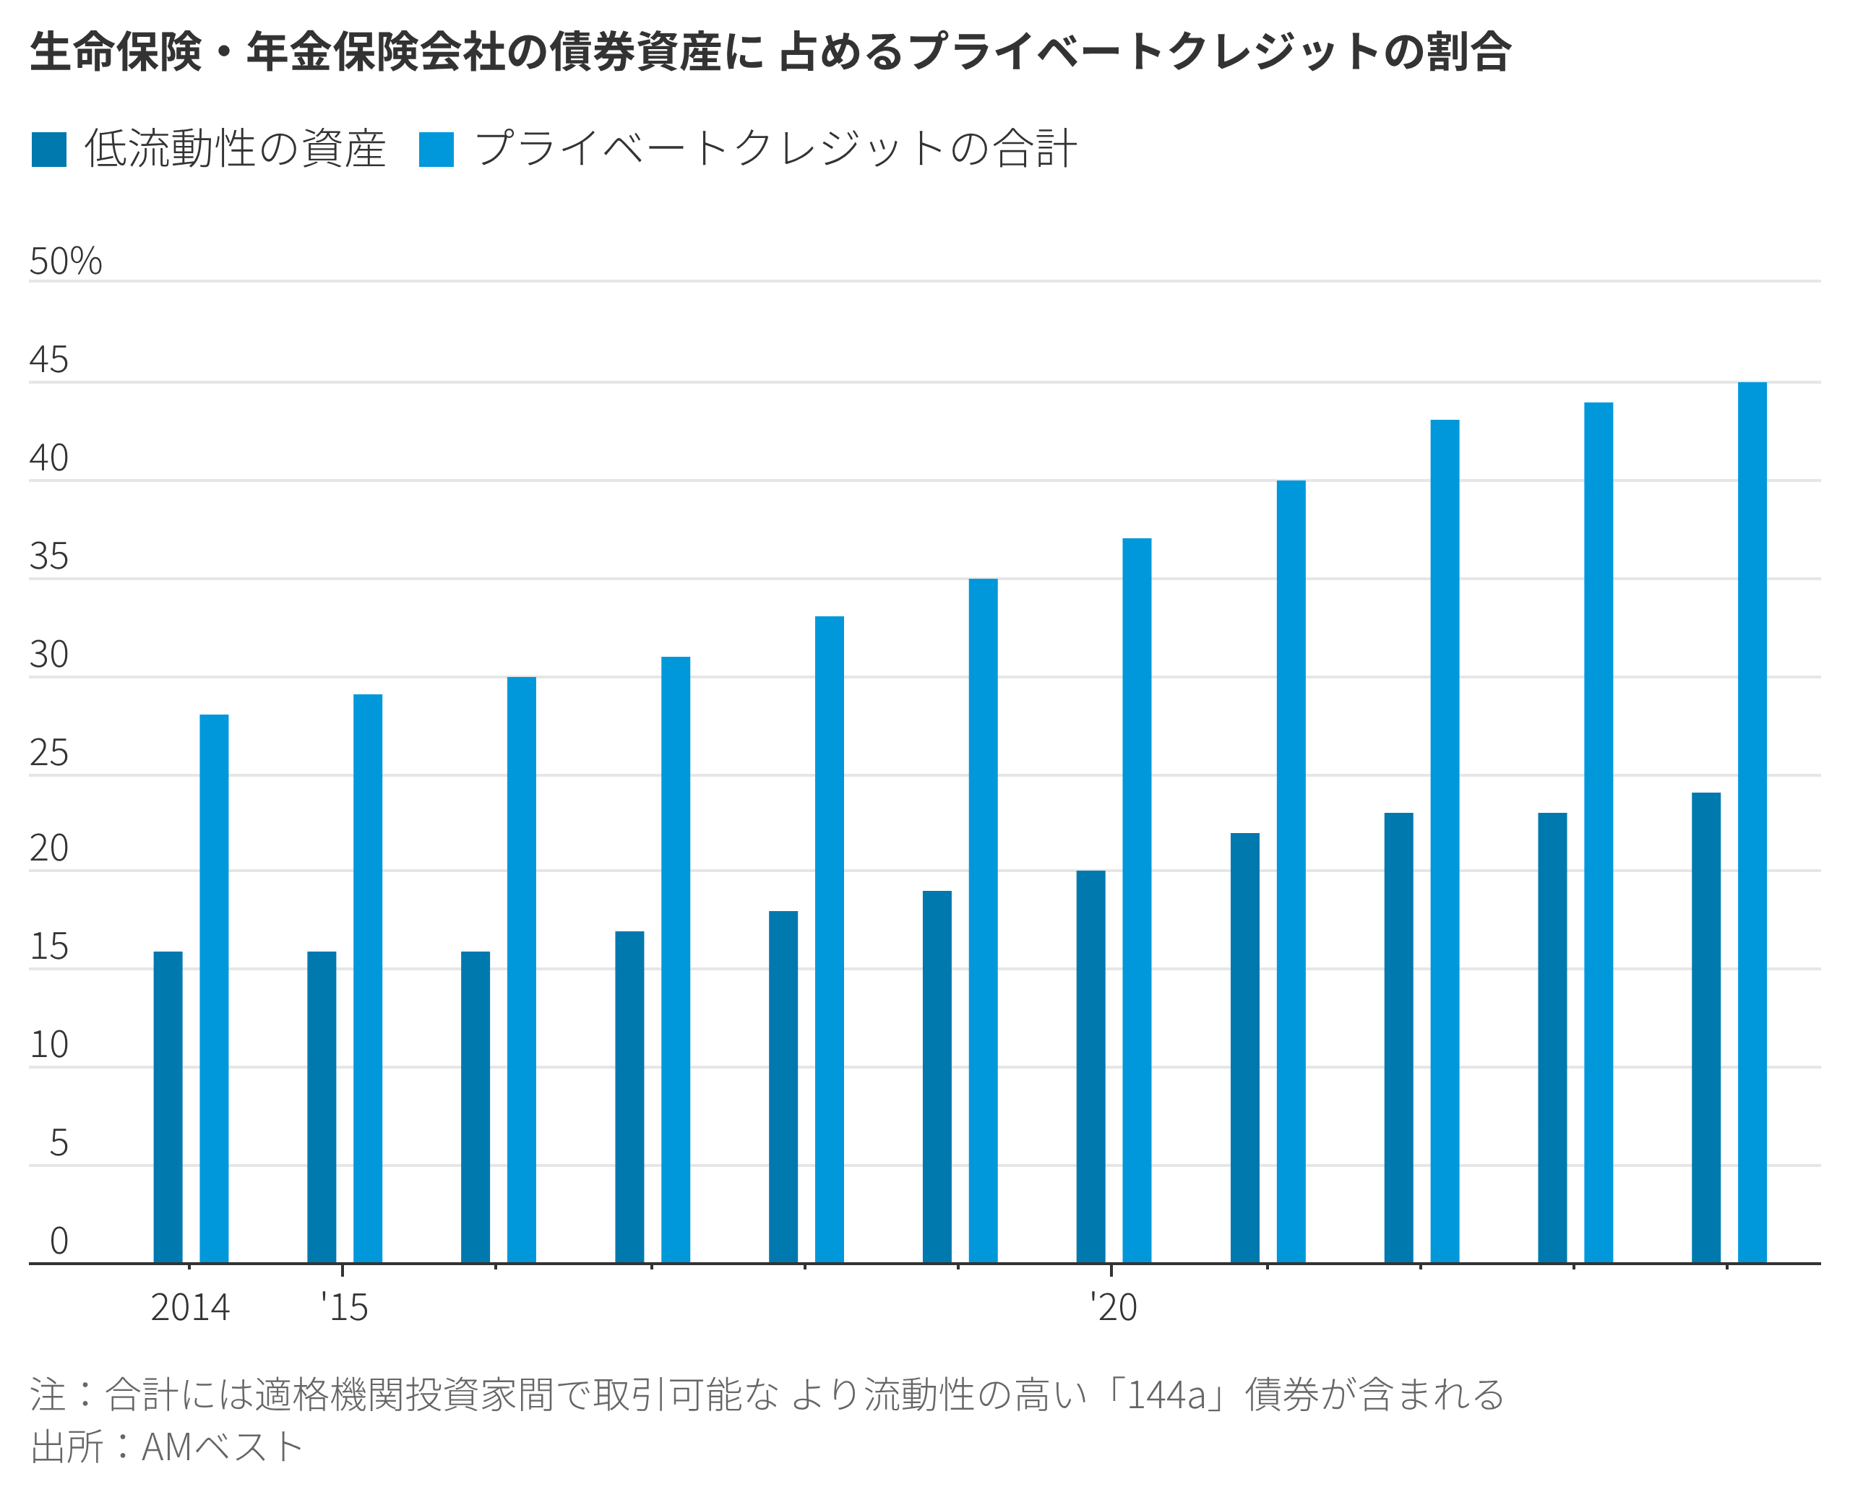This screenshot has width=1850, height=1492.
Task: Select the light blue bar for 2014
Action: (x=214, y=988)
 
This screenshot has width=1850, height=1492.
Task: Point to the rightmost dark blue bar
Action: (x=1705, y=1028)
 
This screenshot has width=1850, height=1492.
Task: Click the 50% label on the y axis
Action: (x=65, y=262)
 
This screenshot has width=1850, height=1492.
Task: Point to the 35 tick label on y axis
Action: (x=49, y=557)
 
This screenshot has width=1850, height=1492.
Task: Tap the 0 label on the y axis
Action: (x=59, y=1241)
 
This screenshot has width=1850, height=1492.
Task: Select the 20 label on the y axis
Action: (x=49, y=849)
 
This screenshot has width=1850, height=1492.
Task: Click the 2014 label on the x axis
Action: (x=190, y=1308)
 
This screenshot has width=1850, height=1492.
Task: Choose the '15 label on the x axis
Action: (x=345, y=1308)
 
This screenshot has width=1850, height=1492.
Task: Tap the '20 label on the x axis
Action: (x=1114, y=1308)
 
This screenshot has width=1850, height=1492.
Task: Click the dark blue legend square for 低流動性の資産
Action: (x=49, y=150)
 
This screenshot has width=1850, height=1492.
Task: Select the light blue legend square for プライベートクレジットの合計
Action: (x=436, y=150)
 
